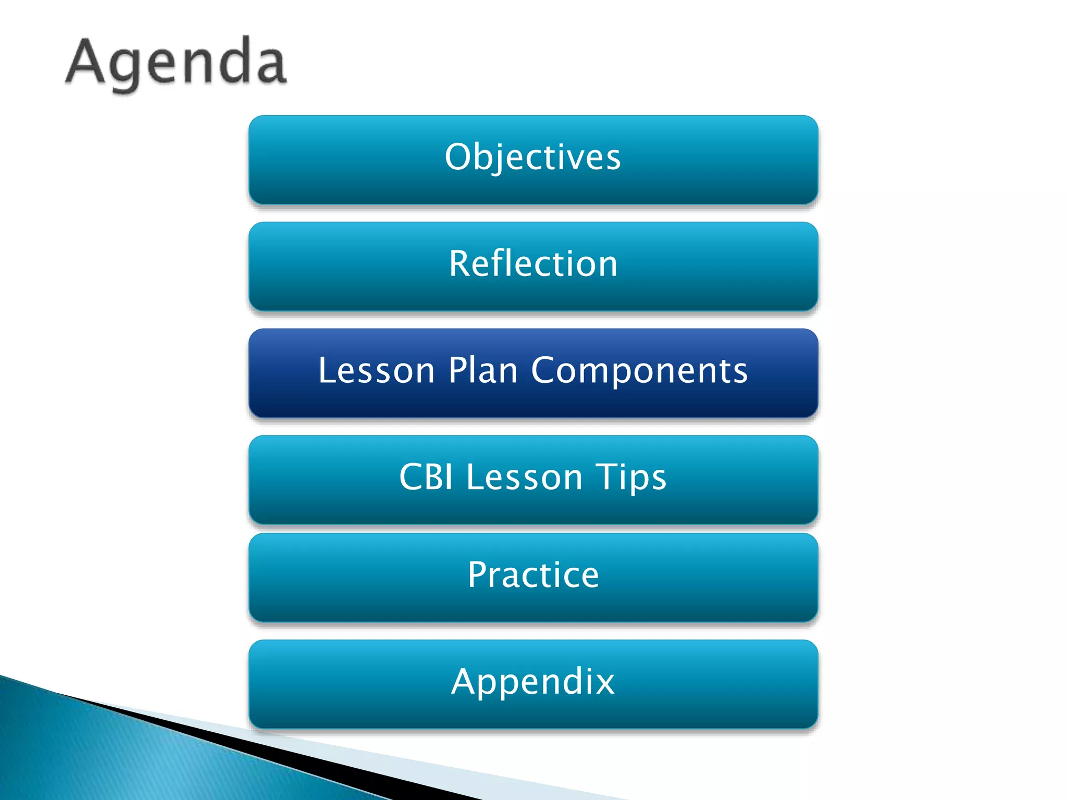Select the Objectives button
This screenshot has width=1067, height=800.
coord(533,160)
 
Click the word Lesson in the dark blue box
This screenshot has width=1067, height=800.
coord(376,371)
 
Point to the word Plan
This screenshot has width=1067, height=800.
coord(483,371)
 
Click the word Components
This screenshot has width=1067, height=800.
coord(639,371)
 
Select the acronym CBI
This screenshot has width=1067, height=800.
coord(426,477)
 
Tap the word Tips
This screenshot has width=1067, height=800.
coord(631,477)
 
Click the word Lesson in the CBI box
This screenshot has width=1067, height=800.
coord(524,477)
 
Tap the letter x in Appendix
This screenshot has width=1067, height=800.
coord(604,682)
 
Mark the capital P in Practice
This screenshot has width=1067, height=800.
coord(478,574)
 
